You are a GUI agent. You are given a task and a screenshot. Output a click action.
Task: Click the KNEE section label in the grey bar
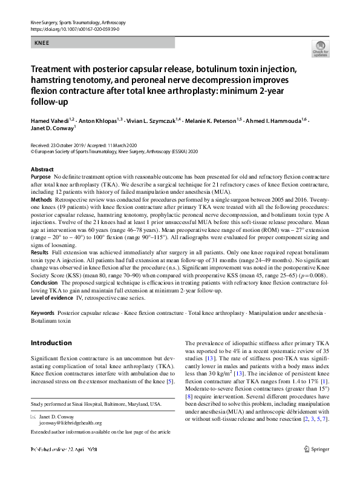click(x=42, y=43)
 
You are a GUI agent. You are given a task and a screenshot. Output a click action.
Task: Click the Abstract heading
click(x=42, y=170)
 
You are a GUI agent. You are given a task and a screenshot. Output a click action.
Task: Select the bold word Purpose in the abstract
click(x=41, y=176)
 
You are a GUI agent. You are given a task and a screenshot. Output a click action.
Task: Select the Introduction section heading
click(x=51, y=343)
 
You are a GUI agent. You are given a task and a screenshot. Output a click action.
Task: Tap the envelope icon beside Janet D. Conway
click(x=33, y=417)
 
